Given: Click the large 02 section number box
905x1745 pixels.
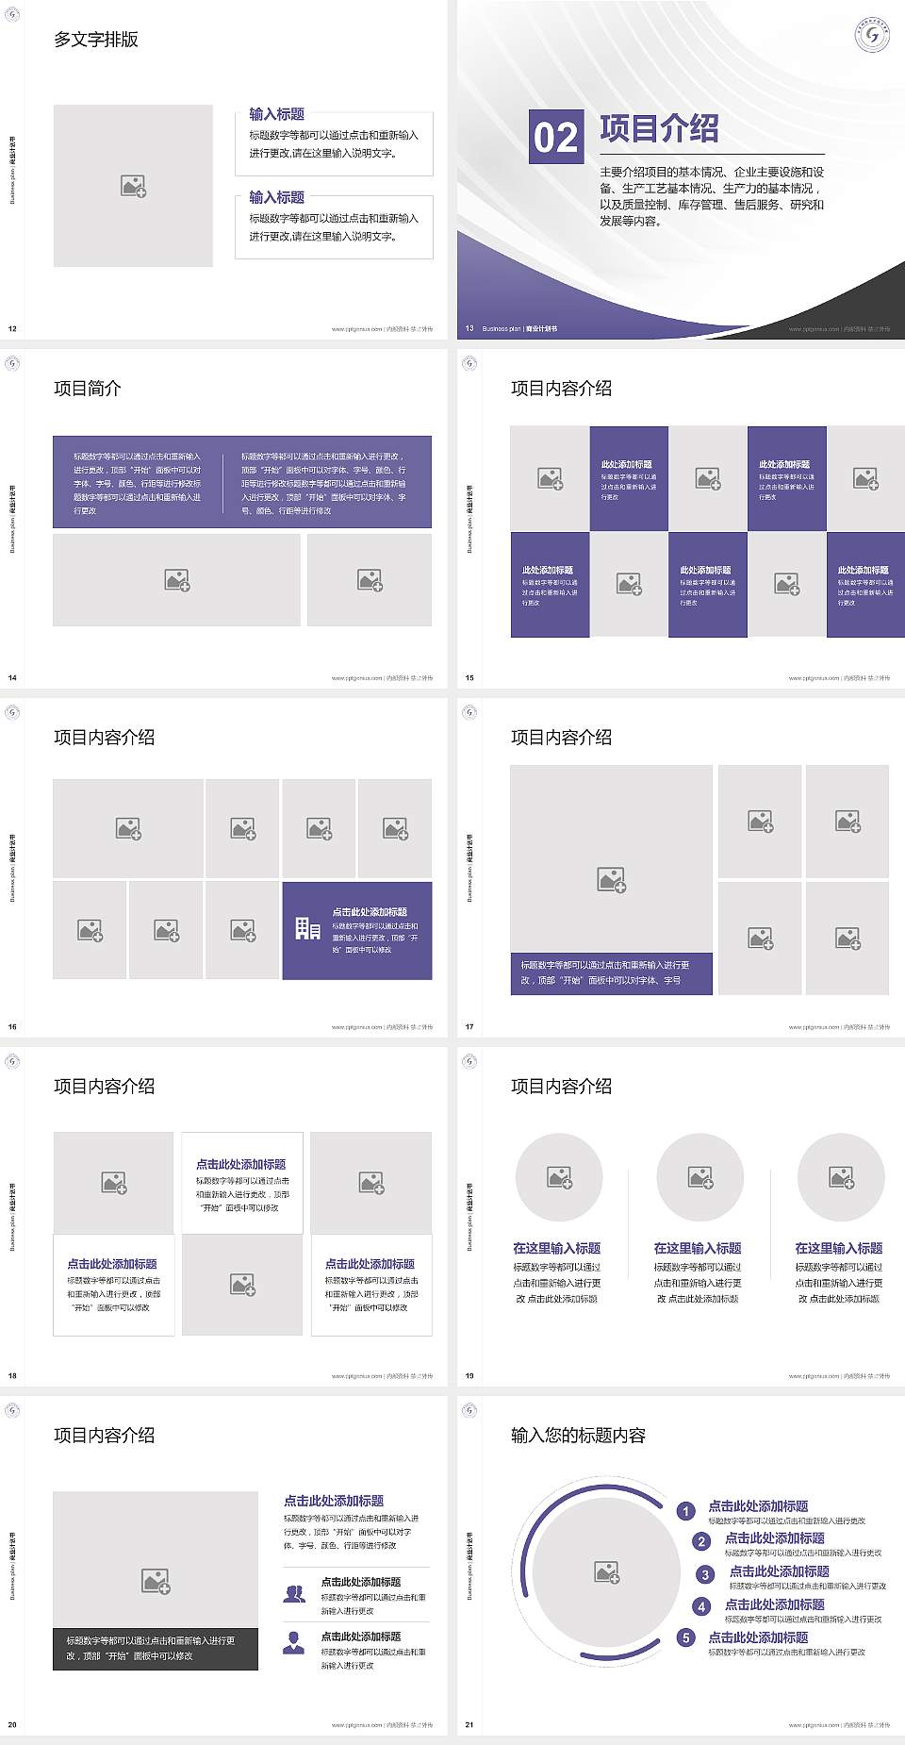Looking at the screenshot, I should coord(555,137).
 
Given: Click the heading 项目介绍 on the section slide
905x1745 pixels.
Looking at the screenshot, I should coord(659,128).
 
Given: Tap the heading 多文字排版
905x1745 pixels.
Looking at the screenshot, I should coord(96,40).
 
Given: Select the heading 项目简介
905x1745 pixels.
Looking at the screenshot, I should coord(88,389).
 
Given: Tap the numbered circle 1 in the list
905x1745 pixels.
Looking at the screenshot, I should coord(686,1511).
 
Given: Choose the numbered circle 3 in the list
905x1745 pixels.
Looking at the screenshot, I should coord(705,1574).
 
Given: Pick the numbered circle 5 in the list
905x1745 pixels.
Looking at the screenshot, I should coord(686,1637).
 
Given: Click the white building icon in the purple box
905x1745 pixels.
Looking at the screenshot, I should coord(307,929).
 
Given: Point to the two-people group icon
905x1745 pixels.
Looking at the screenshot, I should coord(294,1593).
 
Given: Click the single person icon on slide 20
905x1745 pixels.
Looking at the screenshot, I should coord(294,1642).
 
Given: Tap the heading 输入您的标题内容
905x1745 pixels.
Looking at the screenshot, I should coord(578,1436).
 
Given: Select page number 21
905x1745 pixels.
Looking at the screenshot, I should coord(469,1724).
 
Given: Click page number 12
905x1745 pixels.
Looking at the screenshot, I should coord(12,328).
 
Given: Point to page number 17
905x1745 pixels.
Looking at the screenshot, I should coord(469,1026).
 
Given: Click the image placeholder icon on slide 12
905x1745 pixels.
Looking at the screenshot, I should coord(133,186).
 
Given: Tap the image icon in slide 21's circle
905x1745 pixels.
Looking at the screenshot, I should coord(607,1571).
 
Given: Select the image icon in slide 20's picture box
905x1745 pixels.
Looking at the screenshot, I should coord(156,1580).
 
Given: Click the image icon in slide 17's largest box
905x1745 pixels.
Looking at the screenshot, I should coord(611,880).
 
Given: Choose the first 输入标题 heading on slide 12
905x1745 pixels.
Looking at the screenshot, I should coord(276,114).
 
